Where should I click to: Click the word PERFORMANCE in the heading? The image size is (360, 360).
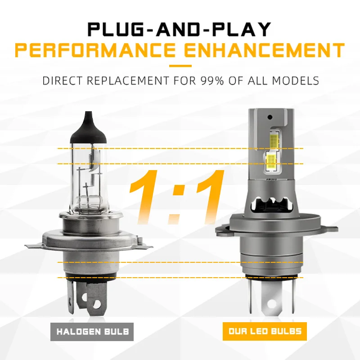93,50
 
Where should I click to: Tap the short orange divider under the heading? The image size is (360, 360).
180,66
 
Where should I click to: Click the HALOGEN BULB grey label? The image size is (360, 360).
92,332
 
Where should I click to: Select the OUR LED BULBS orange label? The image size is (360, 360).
265,332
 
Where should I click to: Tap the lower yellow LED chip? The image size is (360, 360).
271,161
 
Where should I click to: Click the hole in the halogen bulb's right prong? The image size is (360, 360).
96,305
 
